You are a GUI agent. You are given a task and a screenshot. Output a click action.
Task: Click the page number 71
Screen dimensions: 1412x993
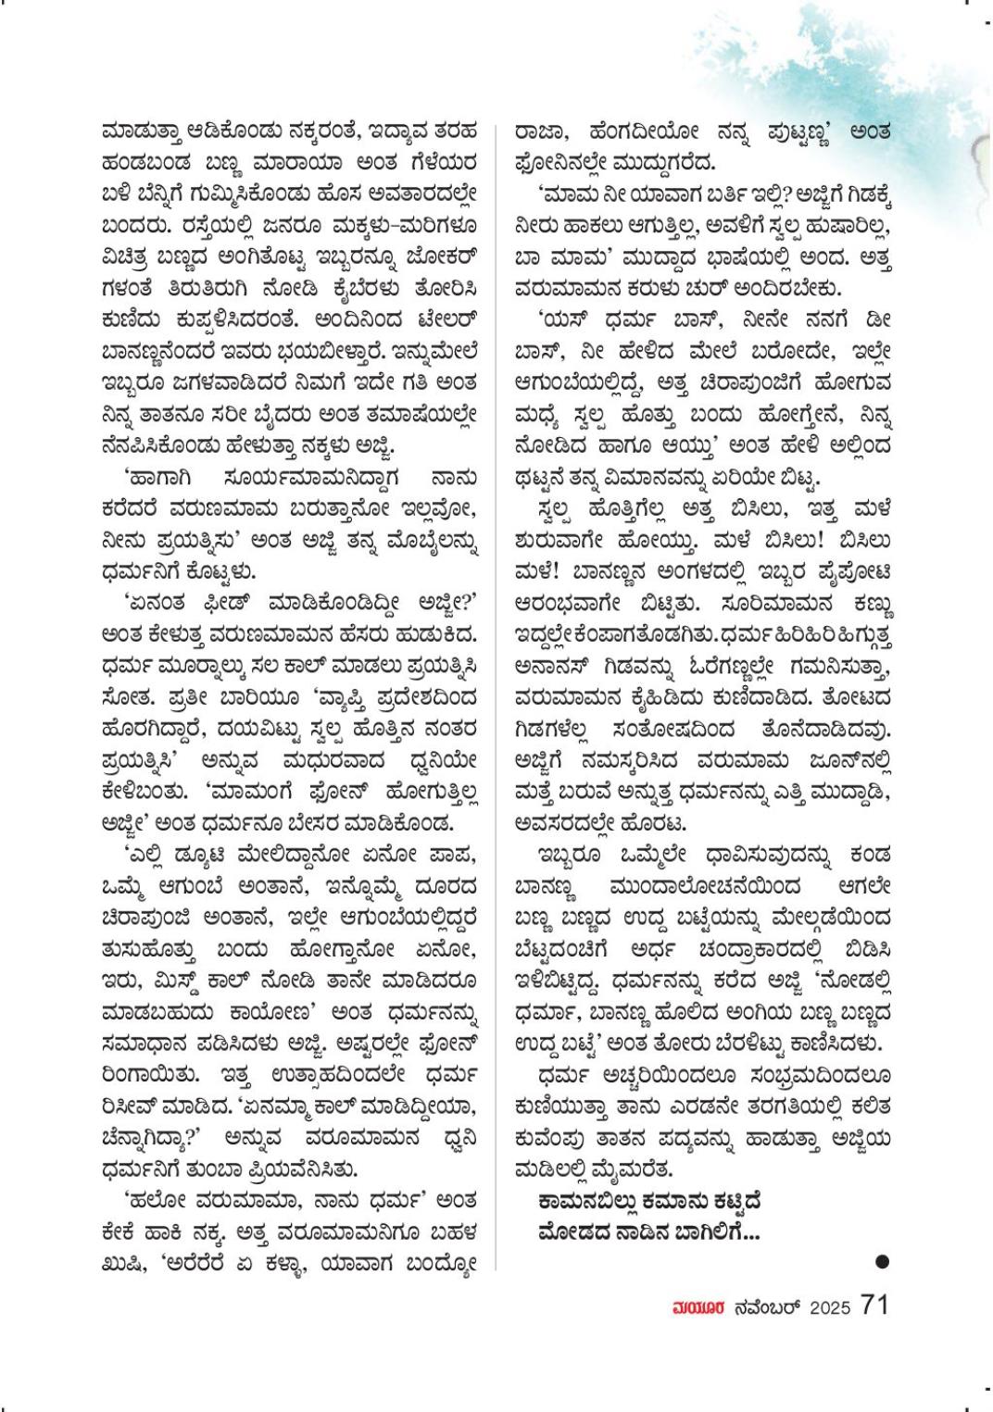click(x=874, y=1304)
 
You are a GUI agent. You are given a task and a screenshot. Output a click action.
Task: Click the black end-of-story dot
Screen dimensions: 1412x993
click(x=882, y=1260)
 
